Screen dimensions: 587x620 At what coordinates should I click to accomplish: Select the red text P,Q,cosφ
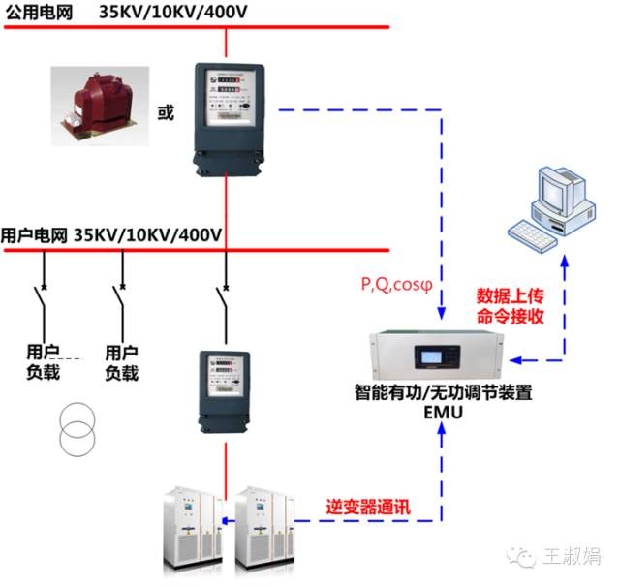(x=396, y=285)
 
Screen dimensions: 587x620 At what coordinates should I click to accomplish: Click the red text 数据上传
(x=509, y=295)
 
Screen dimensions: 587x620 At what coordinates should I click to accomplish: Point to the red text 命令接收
(x=509, y=316)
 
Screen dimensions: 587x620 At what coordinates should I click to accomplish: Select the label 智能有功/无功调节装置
(x=442, y=394)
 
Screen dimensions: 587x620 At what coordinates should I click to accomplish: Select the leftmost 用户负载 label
(x=44, y=361)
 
